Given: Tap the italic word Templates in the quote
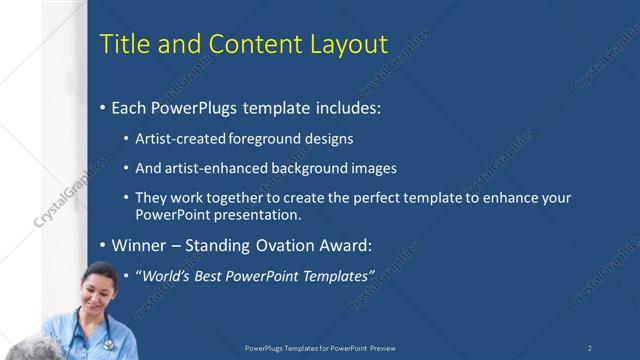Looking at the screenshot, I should tap(336, 275).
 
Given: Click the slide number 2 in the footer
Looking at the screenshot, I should tap(590, 348).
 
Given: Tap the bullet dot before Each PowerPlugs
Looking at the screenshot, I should tap(102, 108).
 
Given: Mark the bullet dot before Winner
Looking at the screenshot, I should tap(102, 246).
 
